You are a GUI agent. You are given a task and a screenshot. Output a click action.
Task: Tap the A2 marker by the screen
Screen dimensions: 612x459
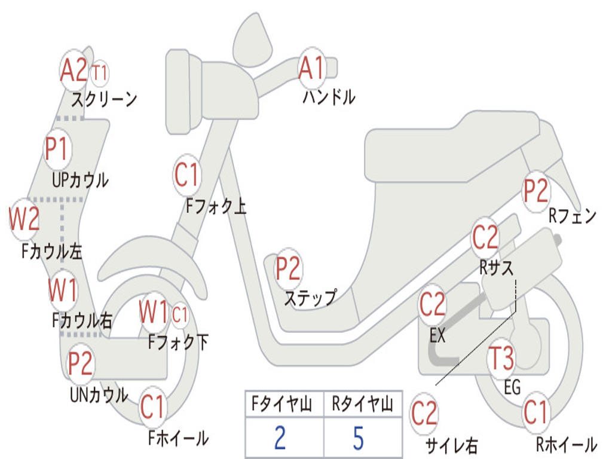(74, 71)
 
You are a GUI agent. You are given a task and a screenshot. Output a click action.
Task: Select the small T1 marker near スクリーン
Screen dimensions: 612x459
(100, 73)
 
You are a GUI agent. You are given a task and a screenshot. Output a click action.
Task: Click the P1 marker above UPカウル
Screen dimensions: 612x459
(57, 149)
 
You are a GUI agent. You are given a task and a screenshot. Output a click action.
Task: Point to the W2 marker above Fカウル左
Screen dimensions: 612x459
(24, 219)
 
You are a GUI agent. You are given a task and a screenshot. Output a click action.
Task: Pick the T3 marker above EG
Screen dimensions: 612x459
(501, 359)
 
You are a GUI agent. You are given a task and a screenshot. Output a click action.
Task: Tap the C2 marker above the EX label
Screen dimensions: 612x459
(432, 304)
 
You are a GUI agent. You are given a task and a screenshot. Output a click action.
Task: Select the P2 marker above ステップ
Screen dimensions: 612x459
(288, 268)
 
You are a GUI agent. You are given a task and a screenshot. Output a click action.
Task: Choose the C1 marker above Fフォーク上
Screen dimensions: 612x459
(187, 175)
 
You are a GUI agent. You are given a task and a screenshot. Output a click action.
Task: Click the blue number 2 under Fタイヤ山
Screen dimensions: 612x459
(280, 437)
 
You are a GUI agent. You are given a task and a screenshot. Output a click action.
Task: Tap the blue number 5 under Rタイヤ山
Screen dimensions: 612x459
(359, 437)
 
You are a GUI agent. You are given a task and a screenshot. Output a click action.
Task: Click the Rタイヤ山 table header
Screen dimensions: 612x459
(363, 403)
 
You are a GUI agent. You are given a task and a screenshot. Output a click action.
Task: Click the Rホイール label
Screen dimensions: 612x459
(567, 444)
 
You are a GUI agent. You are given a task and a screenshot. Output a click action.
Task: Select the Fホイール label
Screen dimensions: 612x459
(178, 438)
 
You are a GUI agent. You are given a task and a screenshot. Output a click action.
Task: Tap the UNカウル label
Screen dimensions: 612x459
(99, 394)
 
